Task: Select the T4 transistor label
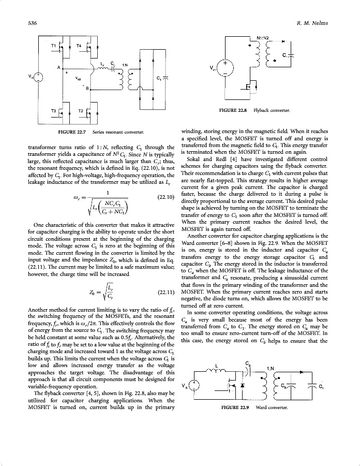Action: point(79,46)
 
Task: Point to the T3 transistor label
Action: point(54,111)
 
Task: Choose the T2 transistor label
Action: point(80,111)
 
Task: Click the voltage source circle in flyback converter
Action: point(226,67)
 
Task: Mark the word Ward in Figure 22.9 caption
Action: point(263,408)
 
